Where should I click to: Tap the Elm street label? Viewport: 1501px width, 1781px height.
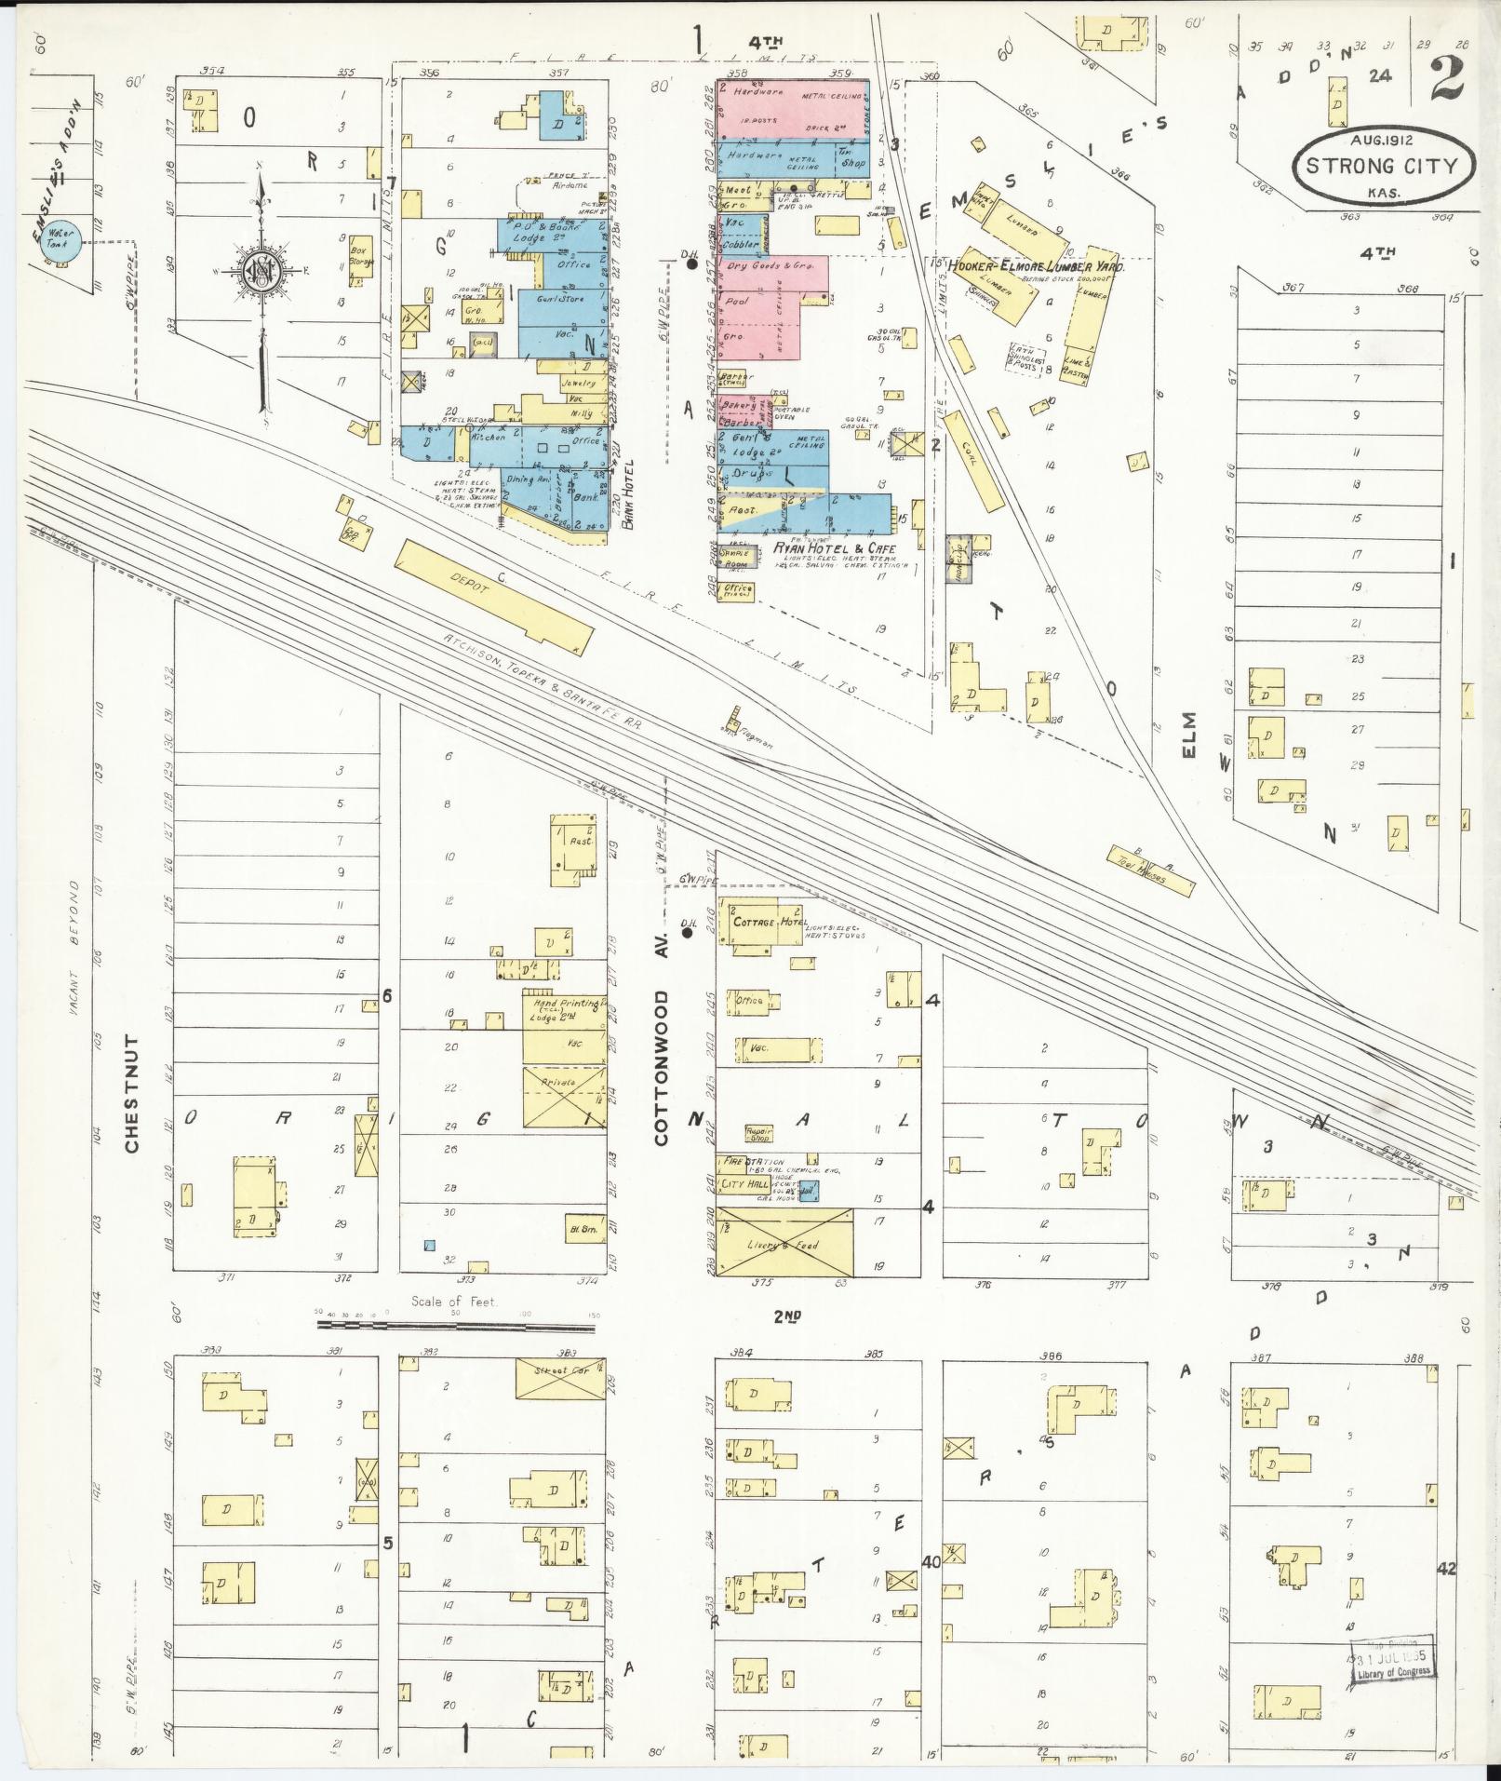(x=1192, y=736)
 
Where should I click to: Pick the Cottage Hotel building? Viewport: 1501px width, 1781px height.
(x=767, y=923)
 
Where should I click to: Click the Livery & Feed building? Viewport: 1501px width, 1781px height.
(x=784, y=1242)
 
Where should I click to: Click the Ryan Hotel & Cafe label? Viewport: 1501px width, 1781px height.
(x=834, y=548)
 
